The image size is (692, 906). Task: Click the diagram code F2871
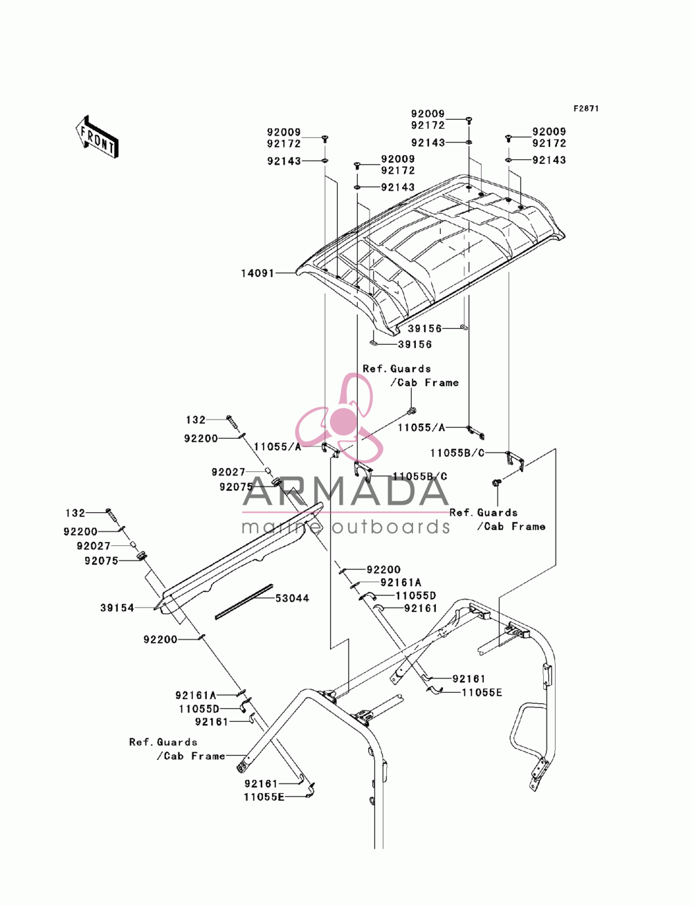[x=586, y=109]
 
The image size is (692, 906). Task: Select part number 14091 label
[x=257, y=273]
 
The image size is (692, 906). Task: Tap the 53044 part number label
[x=292, y=598]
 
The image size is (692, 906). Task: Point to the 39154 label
[x=117, y=608]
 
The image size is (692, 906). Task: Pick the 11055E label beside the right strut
[x=482, y=692]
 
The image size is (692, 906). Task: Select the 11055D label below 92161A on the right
[x=416, y=596]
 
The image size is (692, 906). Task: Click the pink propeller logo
[x=339, y=418]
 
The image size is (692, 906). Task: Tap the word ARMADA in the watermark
[x=345, y=491]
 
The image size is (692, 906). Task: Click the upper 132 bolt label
[x=196, y=419]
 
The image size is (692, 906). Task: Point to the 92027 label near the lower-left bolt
[x=93, y=546]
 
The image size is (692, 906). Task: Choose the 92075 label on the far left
[x=102, y=561]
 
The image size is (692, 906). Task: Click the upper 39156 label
[x=425, y=329]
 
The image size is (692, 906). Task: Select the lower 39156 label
[x=415, y=344]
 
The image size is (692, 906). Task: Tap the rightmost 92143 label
[x=549, y=160]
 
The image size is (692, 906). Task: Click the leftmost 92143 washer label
[x=284, y=161]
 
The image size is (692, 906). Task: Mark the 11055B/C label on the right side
[x=457, y=453]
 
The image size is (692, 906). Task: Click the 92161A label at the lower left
[x=196, y=695]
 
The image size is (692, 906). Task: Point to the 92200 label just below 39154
[x=160, y=640]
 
